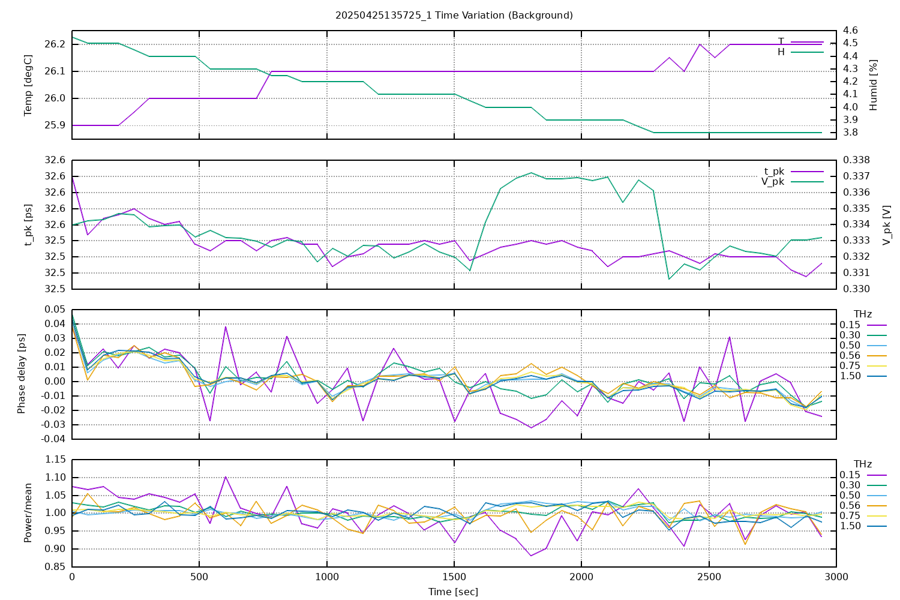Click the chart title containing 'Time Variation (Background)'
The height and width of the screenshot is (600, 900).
[454, 15]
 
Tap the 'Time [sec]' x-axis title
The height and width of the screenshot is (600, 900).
[454, 592]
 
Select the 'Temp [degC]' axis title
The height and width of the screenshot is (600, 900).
[28, 85]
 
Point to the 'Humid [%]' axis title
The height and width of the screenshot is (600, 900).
[874, 85]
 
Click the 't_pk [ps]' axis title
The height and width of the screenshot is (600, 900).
[28, 224]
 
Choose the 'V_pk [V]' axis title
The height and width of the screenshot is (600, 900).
[886, 224]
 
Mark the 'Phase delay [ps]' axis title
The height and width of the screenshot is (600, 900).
[22, 374]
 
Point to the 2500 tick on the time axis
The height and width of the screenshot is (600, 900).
[709, 577]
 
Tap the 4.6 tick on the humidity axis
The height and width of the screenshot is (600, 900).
[850, 31]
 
